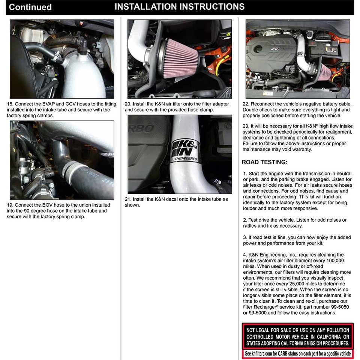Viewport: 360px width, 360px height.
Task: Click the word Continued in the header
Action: click(30, 7)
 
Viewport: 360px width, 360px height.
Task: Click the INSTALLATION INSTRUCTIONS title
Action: click(179, 7)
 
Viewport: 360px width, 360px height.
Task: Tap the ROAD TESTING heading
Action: click(264, 162)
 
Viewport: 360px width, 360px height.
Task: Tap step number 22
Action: click(246, 104)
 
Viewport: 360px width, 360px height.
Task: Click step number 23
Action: click(246, 126)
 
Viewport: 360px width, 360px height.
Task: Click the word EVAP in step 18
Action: click(46, 104)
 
